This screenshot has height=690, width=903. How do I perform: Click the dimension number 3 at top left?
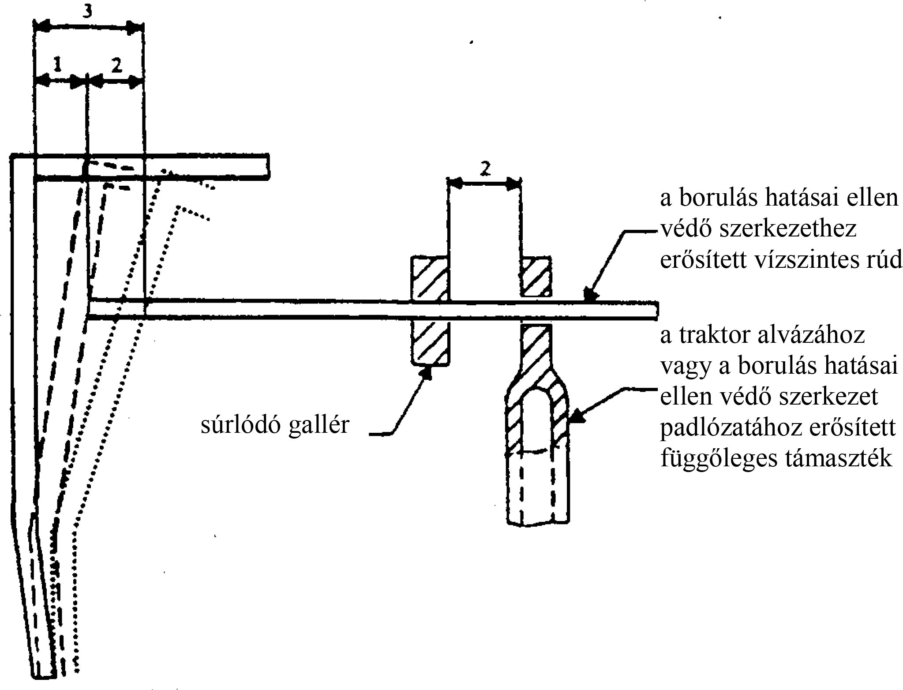[x=88, y=12]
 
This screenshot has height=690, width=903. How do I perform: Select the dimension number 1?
[x=57, y=65]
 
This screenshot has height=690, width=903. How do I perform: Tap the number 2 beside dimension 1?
[x=116, y=65]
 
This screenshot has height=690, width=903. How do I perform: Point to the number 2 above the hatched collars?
[x=484, y=169]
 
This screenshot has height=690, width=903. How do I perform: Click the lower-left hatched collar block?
[x=430, y=343]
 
